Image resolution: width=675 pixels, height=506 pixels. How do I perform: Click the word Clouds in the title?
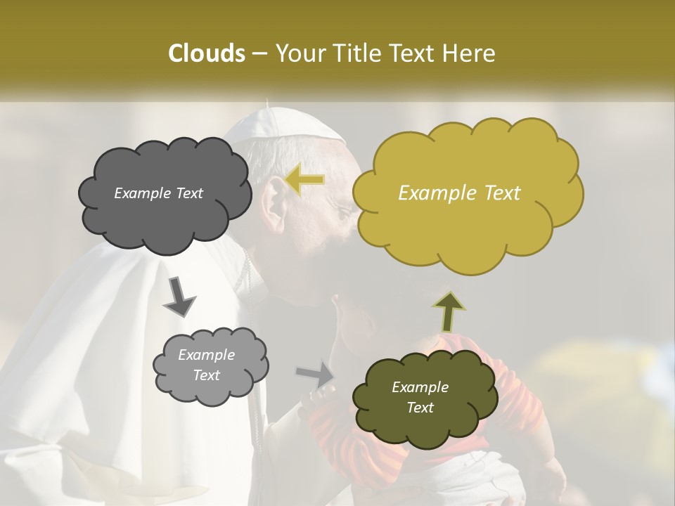(x=206, y=53)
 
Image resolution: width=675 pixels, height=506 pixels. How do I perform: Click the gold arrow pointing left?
(x=305, y=180)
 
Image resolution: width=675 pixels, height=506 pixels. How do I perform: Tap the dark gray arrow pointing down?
(x=179, y=297)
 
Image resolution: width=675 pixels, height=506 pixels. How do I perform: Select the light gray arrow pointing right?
(x=316, y=375)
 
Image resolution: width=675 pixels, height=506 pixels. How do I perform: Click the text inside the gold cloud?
(x=459, y=193)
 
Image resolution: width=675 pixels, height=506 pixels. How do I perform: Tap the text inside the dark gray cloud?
(x=158, y=193)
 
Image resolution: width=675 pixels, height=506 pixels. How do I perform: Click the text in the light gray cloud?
(x=206, y=365)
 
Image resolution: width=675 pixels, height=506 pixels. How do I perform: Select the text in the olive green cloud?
(x=420, y=397)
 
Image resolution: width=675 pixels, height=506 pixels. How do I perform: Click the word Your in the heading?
(x=299, y=53)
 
